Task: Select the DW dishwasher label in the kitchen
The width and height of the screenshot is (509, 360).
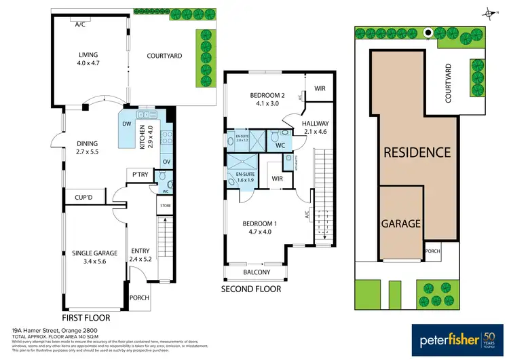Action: coord(127,124)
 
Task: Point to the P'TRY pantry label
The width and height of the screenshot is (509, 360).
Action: coord(140,175)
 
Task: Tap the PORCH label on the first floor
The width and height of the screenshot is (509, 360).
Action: coord(139,298)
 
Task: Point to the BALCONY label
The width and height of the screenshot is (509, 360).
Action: coord(257,272)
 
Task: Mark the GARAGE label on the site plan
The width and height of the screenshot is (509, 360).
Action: coord(401,223)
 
